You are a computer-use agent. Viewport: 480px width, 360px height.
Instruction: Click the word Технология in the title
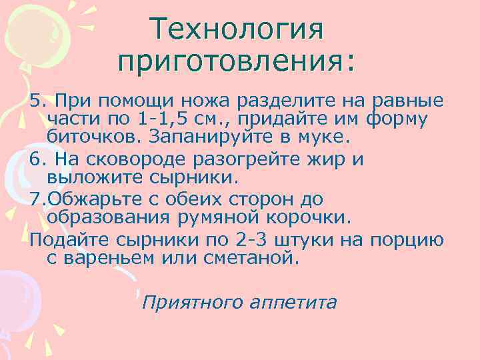tap(237, 29)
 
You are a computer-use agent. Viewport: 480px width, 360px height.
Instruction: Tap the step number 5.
tap(37, 101)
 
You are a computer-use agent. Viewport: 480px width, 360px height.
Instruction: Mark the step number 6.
tap(37, 160)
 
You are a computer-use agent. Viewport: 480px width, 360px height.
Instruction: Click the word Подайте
tap(63, 239)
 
